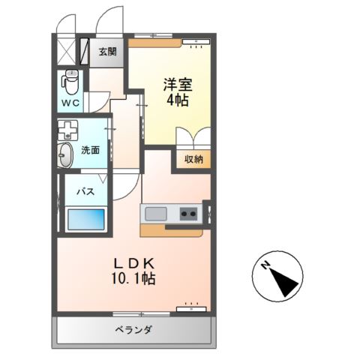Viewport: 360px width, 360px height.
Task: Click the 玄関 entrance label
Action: (108, 52)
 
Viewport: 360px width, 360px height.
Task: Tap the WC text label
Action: (70, 102)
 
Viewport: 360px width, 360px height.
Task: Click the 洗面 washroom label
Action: (91, 150)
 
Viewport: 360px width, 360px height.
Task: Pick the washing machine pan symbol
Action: (70, 130)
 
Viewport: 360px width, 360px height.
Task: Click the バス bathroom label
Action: (83, 192)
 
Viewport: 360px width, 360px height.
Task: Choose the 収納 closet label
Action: (193, 159)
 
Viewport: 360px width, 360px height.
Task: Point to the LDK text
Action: (134, 263)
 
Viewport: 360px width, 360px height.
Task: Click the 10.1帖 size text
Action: (134, 279)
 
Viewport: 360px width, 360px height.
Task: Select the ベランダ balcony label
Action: (134, 330)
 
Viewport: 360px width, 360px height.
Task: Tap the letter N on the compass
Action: (265, 265)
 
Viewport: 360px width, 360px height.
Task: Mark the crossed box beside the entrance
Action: (67, 52)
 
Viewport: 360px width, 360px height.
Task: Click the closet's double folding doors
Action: (193, 139)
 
